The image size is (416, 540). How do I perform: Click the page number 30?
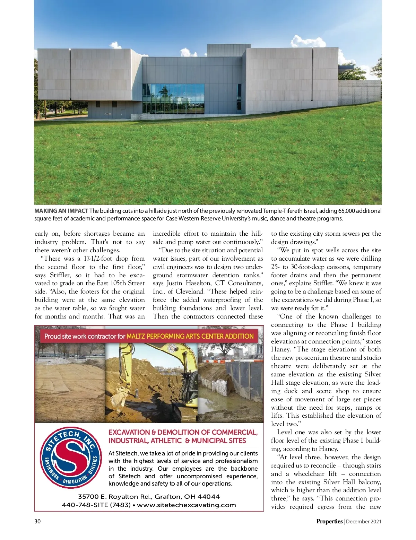[x=37, y=521]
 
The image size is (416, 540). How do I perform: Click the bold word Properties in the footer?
[x=329, y=521]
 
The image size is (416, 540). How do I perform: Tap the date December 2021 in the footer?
[x=364, y=522]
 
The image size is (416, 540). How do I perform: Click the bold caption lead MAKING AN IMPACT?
[x=61, y=211]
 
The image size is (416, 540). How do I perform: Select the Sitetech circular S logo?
[x=71, y=458]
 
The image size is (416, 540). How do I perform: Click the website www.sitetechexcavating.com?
[x=187, y=505]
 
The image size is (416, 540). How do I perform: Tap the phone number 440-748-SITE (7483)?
[x=96, y=505]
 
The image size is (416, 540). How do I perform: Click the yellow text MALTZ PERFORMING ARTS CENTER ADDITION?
[x=190, y=336]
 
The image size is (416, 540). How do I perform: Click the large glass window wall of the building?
[x=173, y=98]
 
